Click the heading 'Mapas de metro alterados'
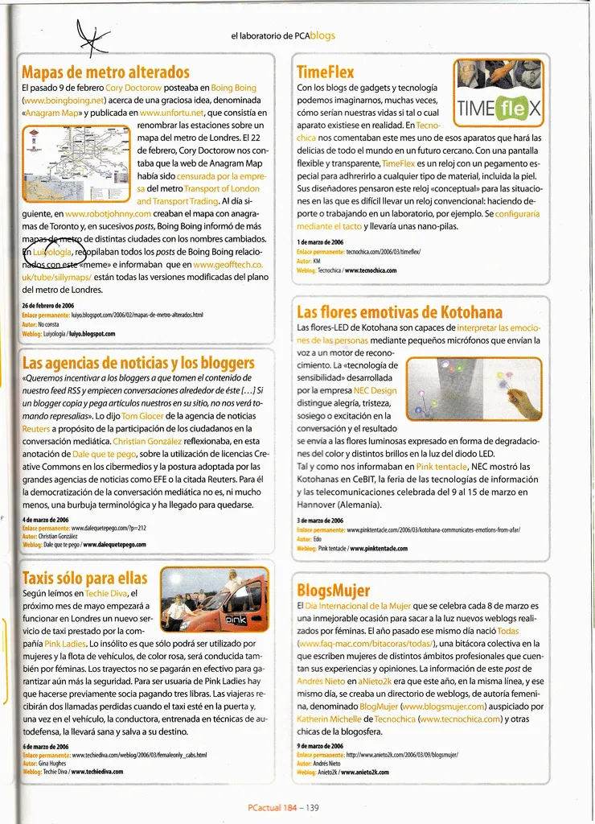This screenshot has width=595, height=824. tap(105, 73)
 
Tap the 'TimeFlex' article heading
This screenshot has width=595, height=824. tap(325, 72)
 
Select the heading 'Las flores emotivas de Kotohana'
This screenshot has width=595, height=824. tap(399, 312)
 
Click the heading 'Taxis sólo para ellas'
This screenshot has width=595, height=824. tap(84, 578)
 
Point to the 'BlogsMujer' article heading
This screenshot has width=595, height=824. tap(333, 591)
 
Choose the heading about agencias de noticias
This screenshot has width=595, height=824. tap(137, 362)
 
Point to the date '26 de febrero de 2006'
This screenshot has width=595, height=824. tap(48, 306)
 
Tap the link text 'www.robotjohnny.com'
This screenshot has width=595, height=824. tap(108, 214)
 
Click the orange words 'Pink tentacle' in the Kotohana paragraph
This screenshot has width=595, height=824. tap(442, 467)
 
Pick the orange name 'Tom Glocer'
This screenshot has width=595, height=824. tap(142, 416)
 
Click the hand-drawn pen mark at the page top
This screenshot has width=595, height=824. tap(94, 35)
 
